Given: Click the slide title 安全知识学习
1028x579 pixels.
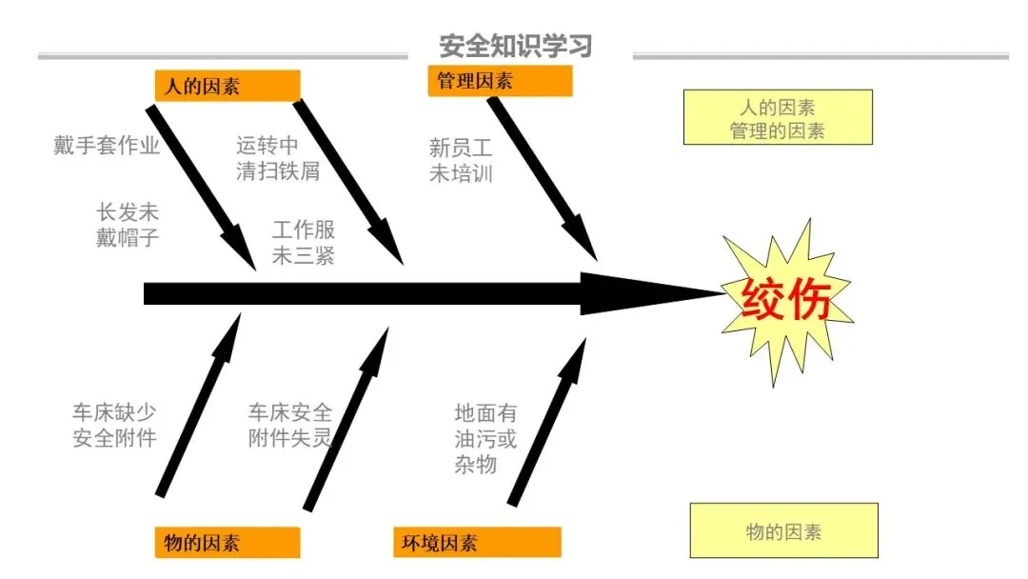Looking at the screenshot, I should click(515, 46).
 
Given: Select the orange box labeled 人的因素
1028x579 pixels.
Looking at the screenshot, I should click(227, 86).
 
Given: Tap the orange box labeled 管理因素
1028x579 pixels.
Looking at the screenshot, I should click(500, 82).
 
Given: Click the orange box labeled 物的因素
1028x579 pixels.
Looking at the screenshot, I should click(227, 543).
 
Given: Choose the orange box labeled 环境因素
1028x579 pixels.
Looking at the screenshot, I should click(477, 543).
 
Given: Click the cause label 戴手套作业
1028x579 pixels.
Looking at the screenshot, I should click(107, 146).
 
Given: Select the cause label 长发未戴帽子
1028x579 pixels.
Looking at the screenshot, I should click(128, 226).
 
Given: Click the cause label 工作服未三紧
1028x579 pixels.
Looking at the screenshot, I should click(303, 243).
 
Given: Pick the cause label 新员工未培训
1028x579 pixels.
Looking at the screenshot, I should click(461, 160).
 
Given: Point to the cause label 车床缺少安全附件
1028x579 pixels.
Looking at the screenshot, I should click(114, 425).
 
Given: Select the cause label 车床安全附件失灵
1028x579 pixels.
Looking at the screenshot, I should click(290, 425).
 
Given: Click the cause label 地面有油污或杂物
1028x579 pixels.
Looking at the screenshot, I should click(485, 438).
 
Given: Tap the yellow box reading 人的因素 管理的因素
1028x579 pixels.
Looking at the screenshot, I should click(778, 118).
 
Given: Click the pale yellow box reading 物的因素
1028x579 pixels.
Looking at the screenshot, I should click(783, 531).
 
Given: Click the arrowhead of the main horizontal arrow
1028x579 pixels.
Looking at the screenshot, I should click(647, 294).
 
